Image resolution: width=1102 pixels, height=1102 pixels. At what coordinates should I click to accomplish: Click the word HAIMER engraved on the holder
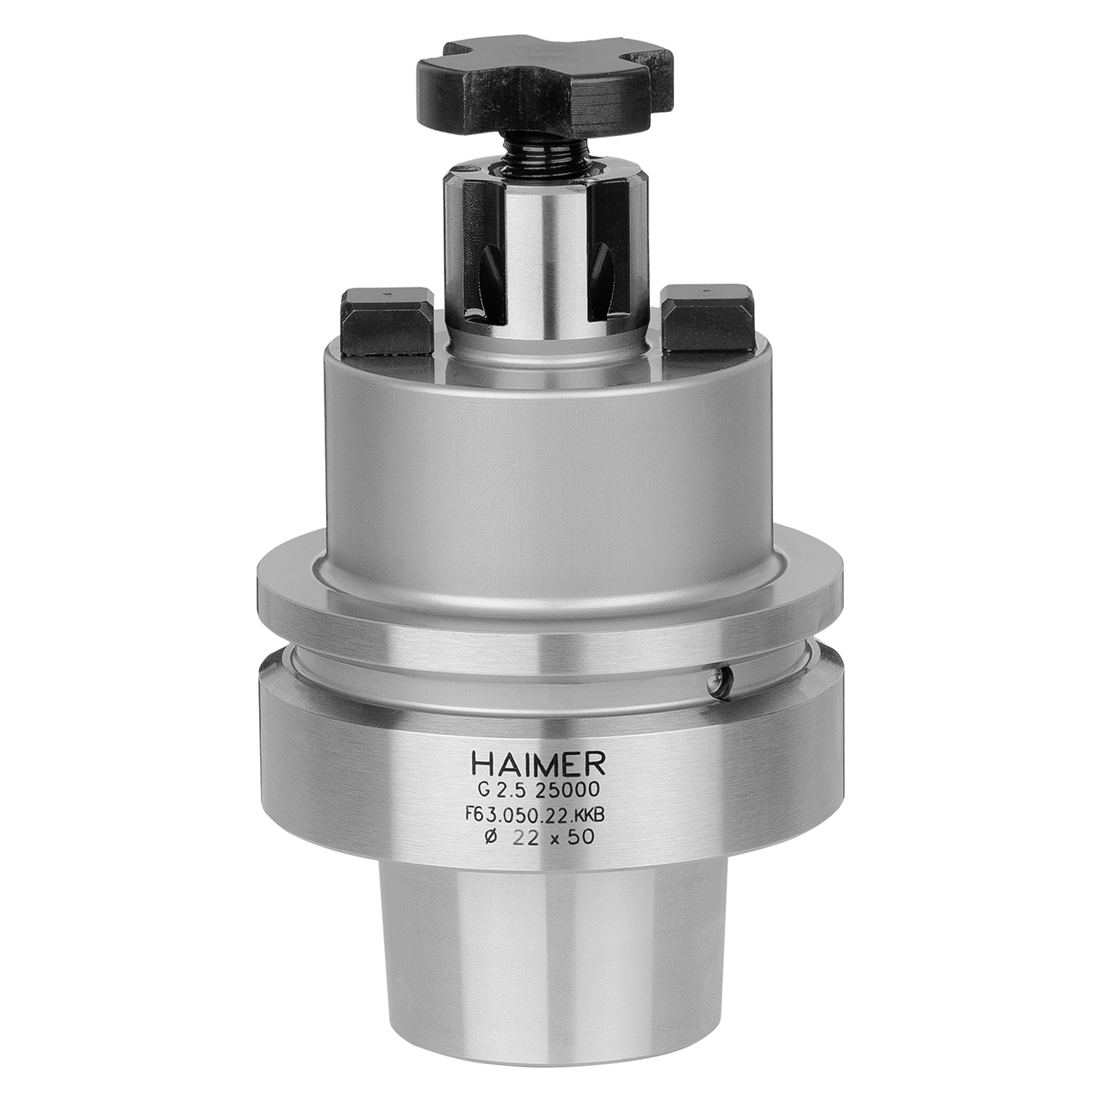(539, 763)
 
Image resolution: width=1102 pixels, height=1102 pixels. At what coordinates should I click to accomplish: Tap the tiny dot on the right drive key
(705, 290)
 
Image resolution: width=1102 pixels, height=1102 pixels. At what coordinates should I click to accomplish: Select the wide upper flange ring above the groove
(551, 594)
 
